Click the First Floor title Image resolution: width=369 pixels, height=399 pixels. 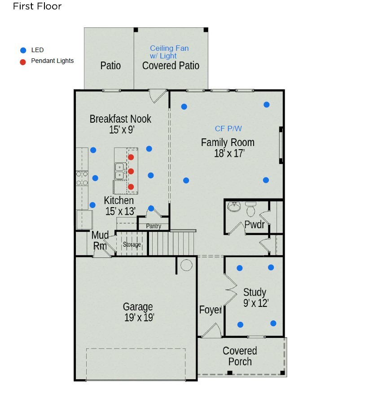click(37, 6)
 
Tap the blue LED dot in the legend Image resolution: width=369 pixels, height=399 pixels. click(23, 50)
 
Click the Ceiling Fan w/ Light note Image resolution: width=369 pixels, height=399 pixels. click(169, 52)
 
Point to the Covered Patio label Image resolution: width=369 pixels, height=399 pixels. click(171, 66)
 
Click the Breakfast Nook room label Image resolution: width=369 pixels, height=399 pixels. click(120, 119)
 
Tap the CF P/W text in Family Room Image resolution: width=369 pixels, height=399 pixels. click(228, 129)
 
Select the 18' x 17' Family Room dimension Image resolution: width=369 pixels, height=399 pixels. click(229, 153)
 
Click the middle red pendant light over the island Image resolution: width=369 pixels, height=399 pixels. click(131, 171)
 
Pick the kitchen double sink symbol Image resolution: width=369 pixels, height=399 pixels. click(119, 171)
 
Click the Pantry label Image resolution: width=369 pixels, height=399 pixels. click(154, 226)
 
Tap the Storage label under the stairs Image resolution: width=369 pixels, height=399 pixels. click(132, 244)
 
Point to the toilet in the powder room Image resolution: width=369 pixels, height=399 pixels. click(250, 209)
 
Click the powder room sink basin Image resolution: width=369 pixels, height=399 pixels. click(234, 207)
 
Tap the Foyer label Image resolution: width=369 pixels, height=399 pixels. click(210, 310)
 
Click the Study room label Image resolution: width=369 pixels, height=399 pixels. click(255, 293)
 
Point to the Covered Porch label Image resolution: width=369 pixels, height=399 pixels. click(240, 356)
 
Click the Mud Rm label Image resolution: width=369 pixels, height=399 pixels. click(100, 240)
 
